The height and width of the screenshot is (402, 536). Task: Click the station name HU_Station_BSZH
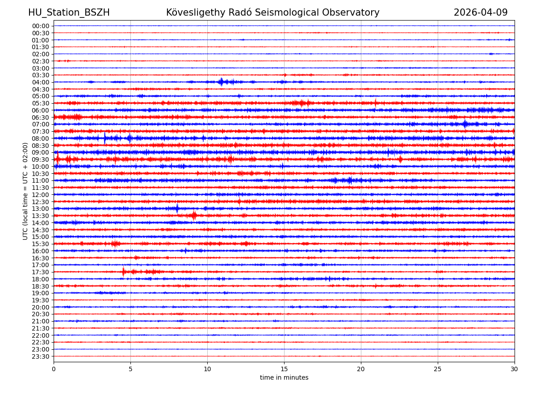pyautogui.click(x=69, y=13)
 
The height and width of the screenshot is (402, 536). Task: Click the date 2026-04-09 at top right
pyautogui.click(x=481, y=13)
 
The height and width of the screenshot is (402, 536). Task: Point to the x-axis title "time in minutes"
pyautogui.click(x=284, y=378)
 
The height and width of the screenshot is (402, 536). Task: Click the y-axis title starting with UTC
pyautogui.click(x=26, y=191)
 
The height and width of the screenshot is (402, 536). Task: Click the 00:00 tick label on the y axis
pyautogui.click(x=41, y=26)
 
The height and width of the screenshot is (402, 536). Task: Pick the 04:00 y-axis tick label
pyautogui.click(x=41, y=82)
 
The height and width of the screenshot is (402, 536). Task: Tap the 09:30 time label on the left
pyautogui.click(x=41, y=159)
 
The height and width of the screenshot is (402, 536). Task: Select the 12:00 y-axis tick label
pyautogui.click(x=41, y=195)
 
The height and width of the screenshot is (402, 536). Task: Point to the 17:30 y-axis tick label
pyautogui.click(x=41, y=272)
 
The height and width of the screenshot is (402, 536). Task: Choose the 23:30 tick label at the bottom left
pyautogui.click(x=41, y=356)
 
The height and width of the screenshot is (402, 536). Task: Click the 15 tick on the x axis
pyautogui.click(x=284, y=369)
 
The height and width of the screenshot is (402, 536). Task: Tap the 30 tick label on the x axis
pyautogui.click(x=515, y=369)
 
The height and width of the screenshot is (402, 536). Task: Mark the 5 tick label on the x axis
pyautogui.click(x=130, y=369)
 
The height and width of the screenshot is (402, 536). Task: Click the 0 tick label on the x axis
pyautogui.click(x=54, y=369)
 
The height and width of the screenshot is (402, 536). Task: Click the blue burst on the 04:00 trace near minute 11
pyautogui.click(x=221, y=82)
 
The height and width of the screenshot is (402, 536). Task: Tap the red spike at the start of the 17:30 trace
pyautogui.click(x=124, y=272)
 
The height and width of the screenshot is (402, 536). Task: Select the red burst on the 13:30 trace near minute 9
pyautogui.click(x=194, y=215)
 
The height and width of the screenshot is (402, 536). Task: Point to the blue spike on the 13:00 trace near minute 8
pyautogui.click(x=177, y=208)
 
